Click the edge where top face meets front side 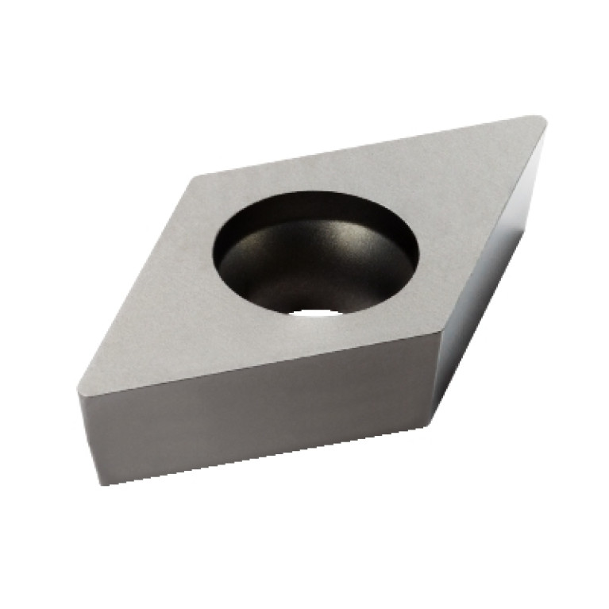254,367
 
